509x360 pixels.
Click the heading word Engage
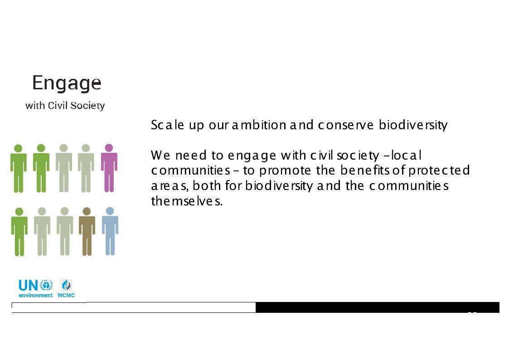point(67,83)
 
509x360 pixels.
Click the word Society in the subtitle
point(87,106)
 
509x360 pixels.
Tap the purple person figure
point(109,168)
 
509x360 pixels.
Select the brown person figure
point(87,231)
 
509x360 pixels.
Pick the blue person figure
point(110,231)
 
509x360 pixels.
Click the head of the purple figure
point(109,148)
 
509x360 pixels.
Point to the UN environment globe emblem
point(46,285)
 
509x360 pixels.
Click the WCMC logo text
point(66,296)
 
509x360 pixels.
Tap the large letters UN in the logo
point(28,286)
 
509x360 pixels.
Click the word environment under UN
point(35,296)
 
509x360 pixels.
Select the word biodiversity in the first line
point(413,125)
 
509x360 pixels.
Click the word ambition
point(259,125)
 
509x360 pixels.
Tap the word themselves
point(187,201)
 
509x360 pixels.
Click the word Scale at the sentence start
point(168,125)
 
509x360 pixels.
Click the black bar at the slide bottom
point(377,307)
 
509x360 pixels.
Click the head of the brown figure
point(87,211)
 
